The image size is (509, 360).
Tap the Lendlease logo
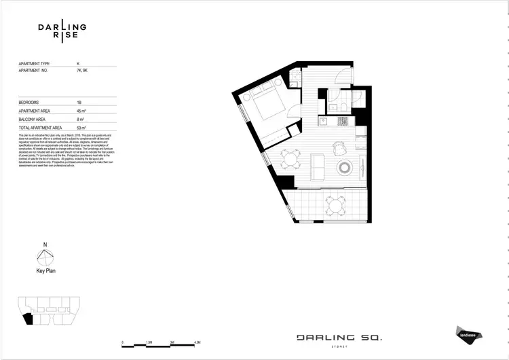coord(465,333)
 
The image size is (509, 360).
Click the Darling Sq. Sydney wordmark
coord(339,338)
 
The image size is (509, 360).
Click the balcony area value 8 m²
coord(81,118)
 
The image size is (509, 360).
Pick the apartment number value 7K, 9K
coord(82,71)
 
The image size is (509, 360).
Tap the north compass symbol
coord(45,257)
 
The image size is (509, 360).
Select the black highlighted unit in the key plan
coord(27,317)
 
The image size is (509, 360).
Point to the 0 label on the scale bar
coord(122,342)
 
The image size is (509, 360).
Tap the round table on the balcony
coord(333,203)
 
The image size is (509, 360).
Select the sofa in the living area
coord(318,166)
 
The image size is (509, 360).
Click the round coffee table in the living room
coord(345,166)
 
